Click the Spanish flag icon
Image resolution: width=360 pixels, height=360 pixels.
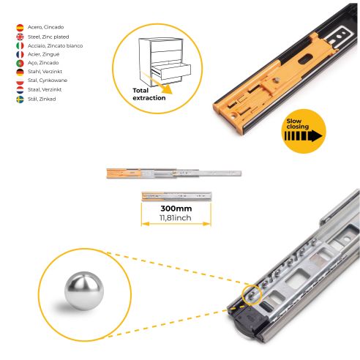19,27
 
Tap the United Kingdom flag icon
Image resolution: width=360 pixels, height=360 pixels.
19,36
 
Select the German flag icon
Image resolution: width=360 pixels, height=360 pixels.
19,72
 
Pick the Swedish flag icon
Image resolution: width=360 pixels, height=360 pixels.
19,98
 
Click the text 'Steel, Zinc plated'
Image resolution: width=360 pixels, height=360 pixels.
49,36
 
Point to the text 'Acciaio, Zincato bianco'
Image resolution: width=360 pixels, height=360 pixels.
56,45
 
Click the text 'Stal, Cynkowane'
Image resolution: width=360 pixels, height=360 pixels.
48,80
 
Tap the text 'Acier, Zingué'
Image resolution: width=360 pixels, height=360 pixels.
44,53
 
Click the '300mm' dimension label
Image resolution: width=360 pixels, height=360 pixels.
176,209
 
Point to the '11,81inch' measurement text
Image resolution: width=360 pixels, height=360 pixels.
176,218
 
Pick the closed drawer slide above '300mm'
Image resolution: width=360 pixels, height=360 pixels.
176,196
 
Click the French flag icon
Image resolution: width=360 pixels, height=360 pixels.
19,53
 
